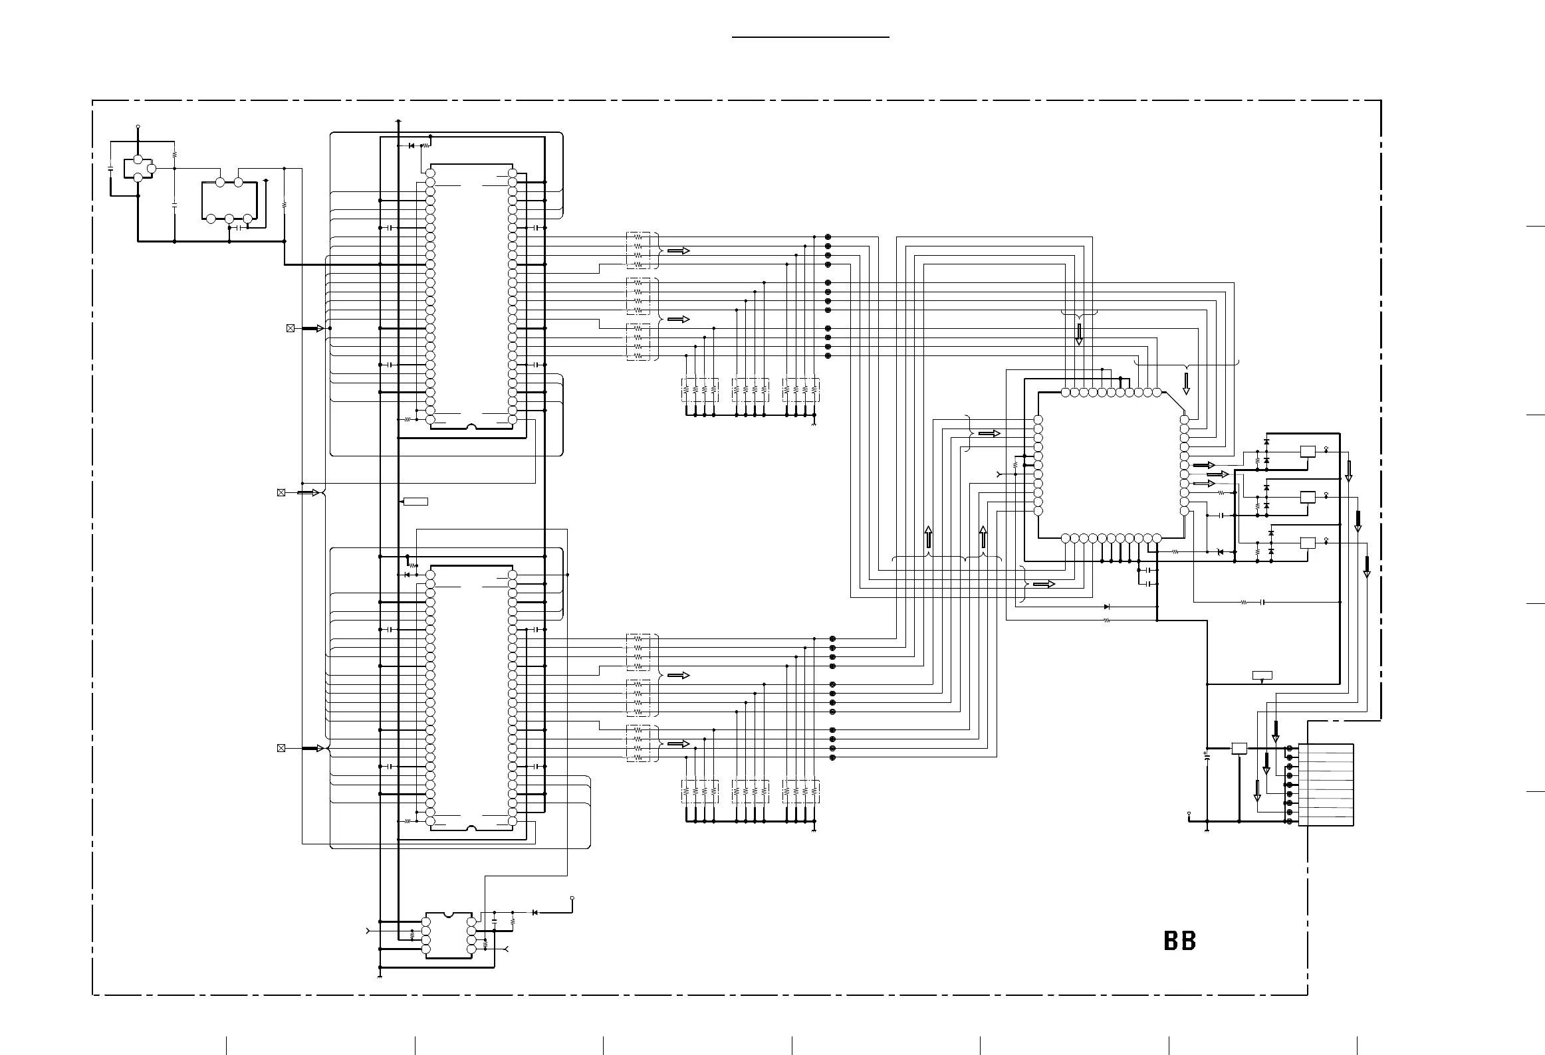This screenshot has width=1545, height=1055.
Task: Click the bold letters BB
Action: point(1180,941)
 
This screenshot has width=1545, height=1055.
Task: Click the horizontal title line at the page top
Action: point(810,38)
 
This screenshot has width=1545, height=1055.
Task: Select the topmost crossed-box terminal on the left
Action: point(291,328)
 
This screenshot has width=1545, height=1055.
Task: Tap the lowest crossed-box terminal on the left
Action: point(281,748)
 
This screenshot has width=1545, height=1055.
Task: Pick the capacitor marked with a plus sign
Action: point(1207,756)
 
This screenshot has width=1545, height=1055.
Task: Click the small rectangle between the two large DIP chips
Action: point(416,501)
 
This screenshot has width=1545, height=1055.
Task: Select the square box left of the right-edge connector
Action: point(1239,748)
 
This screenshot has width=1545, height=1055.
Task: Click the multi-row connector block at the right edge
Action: point(1326,785)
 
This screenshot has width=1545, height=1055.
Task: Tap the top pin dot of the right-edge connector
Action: point(1290,749)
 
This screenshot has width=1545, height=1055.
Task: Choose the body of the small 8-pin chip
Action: point(449,935)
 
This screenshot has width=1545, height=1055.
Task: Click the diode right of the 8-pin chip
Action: point(535,912)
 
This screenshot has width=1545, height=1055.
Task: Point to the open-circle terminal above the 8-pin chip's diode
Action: point(572,898)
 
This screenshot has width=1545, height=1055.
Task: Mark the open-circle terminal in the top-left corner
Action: point(138,126)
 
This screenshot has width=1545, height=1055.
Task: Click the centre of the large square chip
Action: point(1110,465)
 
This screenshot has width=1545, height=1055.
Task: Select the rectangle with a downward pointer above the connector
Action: point(1262,676)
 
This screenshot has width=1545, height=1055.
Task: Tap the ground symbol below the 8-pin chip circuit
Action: point(380,977)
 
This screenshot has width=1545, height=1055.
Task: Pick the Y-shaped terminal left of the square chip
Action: point(999,474)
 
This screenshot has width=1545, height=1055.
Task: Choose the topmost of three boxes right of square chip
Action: point(1307,452)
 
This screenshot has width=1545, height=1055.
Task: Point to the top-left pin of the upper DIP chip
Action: point(430,173)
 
